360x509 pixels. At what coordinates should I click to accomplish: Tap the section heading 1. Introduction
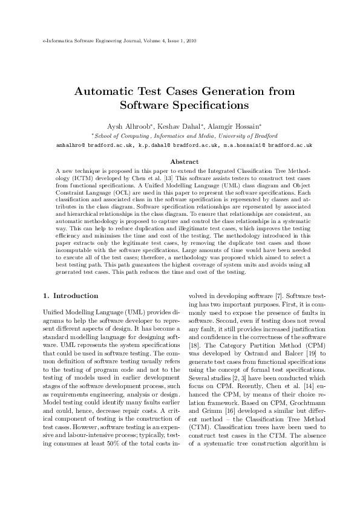click(x=71, y=296)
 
